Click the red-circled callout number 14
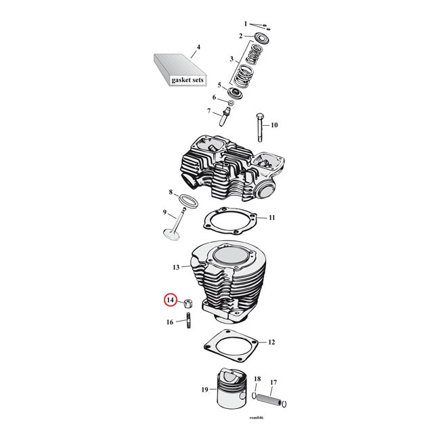tap(171, 300)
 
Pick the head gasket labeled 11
tap(231, 219)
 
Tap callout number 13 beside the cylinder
tap(176, 268)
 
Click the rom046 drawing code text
tap(256, 420)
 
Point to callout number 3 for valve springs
tap(232, 59)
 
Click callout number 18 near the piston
tap(257, 379)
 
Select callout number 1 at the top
tap(246, 23)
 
